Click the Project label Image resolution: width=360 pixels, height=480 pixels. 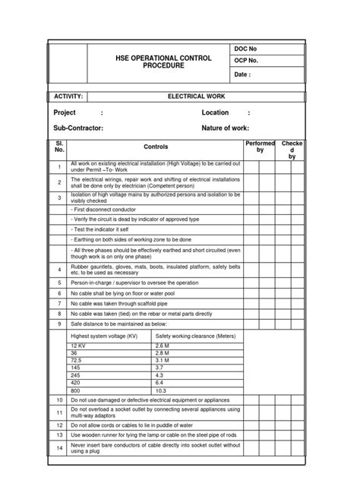[65, 112]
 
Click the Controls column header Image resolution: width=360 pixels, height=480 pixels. [155, 147]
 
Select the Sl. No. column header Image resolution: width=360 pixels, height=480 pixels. [58, 147]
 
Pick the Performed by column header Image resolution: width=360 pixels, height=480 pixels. [260, 147]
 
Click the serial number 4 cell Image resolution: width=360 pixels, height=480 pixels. [58, 269]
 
